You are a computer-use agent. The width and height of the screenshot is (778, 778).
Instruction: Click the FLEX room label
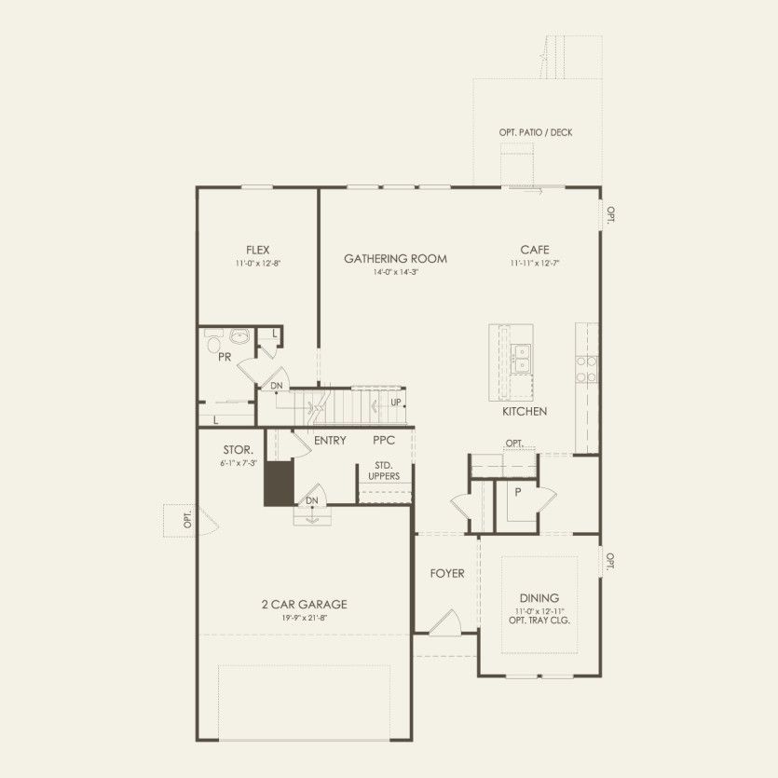(x=258, y=250)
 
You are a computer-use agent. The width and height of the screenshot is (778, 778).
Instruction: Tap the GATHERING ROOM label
(x=395, y=259)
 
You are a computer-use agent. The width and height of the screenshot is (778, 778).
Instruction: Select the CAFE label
(x=535, y=250)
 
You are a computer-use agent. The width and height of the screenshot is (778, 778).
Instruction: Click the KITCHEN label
(x=525, y=411)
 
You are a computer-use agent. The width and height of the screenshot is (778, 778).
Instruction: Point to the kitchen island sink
(x=521, y=354)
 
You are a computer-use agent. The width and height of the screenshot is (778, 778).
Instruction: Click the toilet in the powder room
(x=211, y=339)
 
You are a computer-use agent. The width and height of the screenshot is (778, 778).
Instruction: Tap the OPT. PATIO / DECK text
(x=536, y=132)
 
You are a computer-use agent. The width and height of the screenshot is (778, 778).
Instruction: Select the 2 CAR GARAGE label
(x=305, y=604)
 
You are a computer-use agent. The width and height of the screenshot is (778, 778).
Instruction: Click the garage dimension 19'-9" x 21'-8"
(x=305, y=618)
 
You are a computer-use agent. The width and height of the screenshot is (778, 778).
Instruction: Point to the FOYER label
(x=447, y=573)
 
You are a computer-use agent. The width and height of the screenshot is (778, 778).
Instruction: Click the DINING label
(x=539, y=598)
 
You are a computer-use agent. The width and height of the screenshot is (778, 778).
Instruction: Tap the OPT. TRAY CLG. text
(x=539, y=621)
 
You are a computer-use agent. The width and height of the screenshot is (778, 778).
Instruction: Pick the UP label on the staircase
(x=396, y=403)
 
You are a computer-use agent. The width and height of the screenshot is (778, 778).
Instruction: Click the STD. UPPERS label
(x=383, y=471)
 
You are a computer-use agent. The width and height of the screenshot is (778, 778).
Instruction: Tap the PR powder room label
(x=225, y=357)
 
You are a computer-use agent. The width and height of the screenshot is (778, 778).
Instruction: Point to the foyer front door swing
(x=444, y=621)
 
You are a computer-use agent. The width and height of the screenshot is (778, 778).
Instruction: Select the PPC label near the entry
(x=385, y=440)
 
